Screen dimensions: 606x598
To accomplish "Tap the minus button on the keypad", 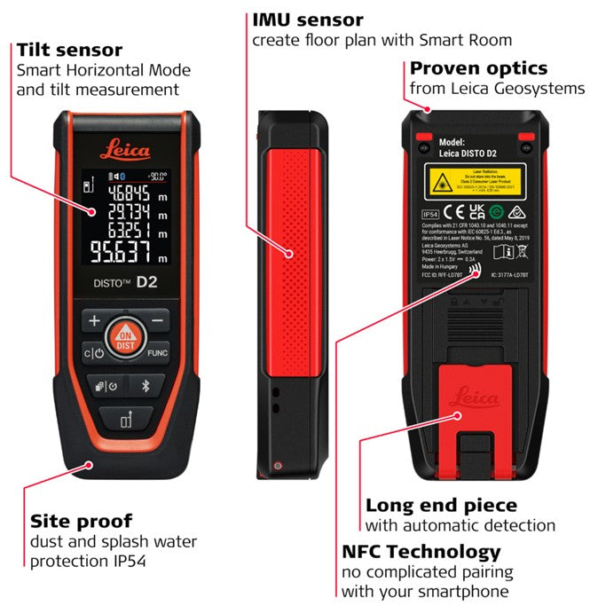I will click(x=157, y=319).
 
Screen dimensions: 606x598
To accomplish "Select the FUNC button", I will click(x=157, y=352).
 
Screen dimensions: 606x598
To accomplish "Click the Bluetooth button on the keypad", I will click(x=147, y=385).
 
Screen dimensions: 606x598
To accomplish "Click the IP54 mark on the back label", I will click(x=429, y=214).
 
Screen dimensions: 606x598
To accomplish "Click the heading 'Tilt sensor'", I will click(x=69, y=50).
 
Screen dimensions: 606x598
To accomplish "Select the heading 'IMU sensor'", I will click(x=307, y=20).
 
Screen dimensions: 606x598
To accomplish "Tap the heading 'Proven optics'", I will click(x=478, y=68).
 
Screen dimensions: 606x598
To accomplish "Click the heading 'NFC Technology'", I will click(x=421, y=551).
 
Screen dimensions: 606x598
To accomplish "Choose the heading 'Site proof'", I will click(x=81, y=520).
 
